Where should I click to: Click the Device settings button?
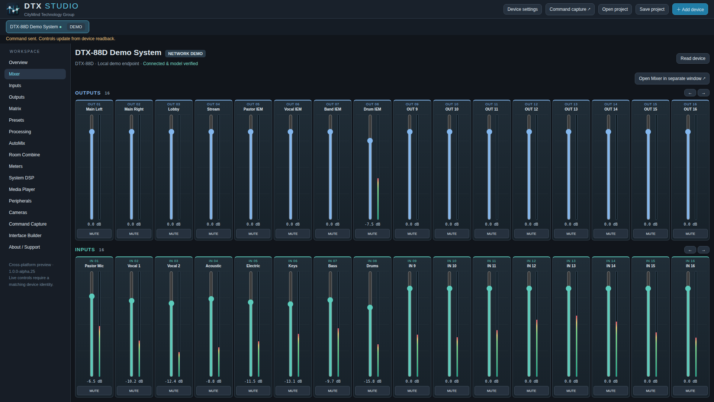click(522, 9)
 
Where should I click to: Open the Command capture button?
click(570, 9)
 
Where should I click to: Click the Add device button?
click(690, 9)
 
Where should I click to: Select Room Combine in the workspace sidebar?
click(24, 155)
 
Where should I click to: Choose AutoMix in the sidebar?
click(17, 143)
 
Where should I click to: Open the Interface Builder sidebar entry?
click(25, 236)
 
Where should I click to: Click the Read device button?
click(693, 58)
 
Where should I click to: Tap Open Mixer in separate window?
click(672, 79)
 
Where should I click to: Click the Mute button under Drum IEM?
click(372, 234)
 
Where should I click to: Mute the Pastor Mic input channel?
click(94, 391)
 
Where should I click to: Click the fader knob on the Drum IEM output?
click(370, 141)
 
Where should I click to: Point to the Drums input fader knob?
click(370, 307)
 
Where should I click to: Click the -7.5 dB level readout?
click(372, 224)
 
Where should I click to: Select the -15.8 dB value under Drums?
click(372, 381)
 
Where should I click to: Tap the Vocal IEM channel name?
click(293, 109)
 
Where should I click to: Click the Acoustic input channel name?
click(213, 266)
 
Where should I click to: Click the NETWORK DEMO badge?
click(185, 54)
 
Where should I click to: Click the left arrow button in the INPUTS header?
click(690, 250)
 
